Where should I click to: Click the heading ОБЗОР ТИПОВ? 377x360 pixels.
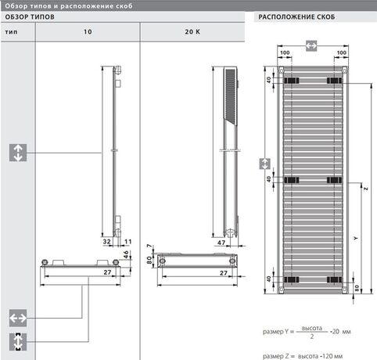pyautogui.click(x=30, y=17)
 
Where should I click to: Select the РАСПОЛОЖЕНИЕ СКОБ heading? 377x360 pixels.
pyautogui.click(x=296, y=17)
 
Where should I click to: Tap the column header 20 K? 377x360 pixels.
pyautogui.click(x=192, y=32)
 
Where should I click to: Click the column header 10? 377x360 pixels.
pyautogui.click(x=88, y=32)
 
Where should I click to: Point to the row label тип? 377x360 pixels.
pyautogui.click(x=11, y=32)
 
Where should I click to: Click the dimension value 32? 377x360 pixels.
pyautogui.click(x=107, y=242)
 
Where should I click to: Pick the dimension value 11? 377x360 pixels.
pyautogui.click(x=127, y=242)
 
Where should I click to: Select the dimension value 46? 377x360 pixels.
pyautogui.click(x=126, y=254)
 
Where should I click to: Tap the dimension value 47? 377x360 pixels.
pyautogui.click(x=221, y=243)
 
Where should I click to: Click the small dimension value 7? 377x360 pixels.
pyautogui.click(x=149, y=246)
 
